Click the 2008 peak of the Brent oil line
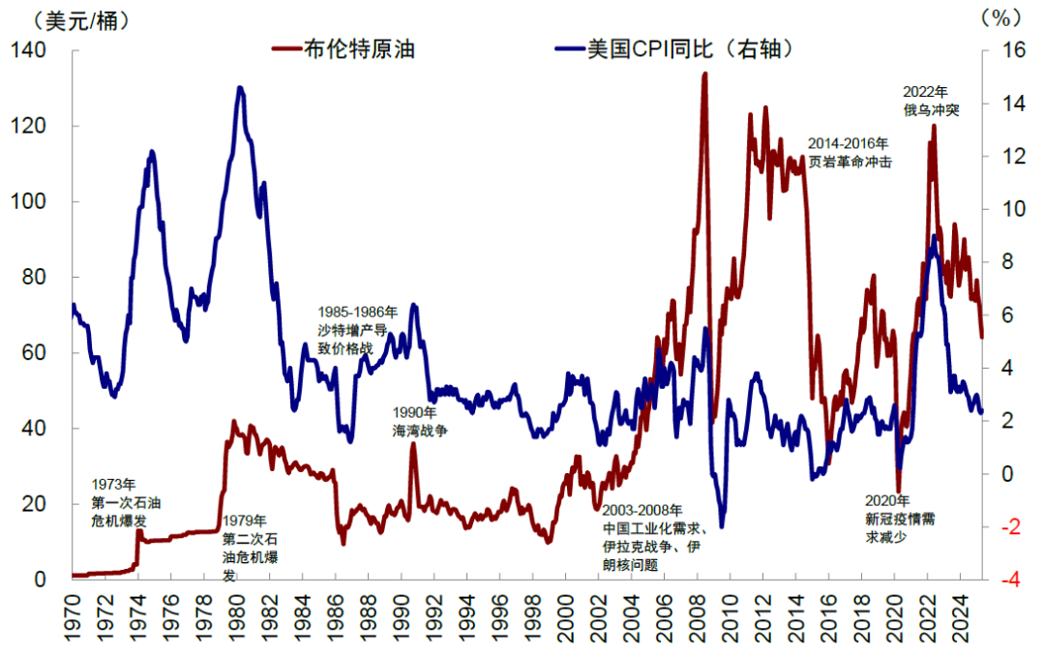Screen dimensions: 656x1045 [703, 74]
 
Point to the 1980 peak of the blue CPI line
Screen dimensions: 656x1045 [239, 87]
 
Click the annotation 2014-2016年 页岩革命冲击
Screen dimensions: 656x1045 [849, 154]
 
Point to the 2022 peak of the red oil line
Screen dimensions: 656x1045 [934, 125]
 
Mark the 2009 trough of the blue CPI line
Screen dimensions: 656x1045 [721, 525]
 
